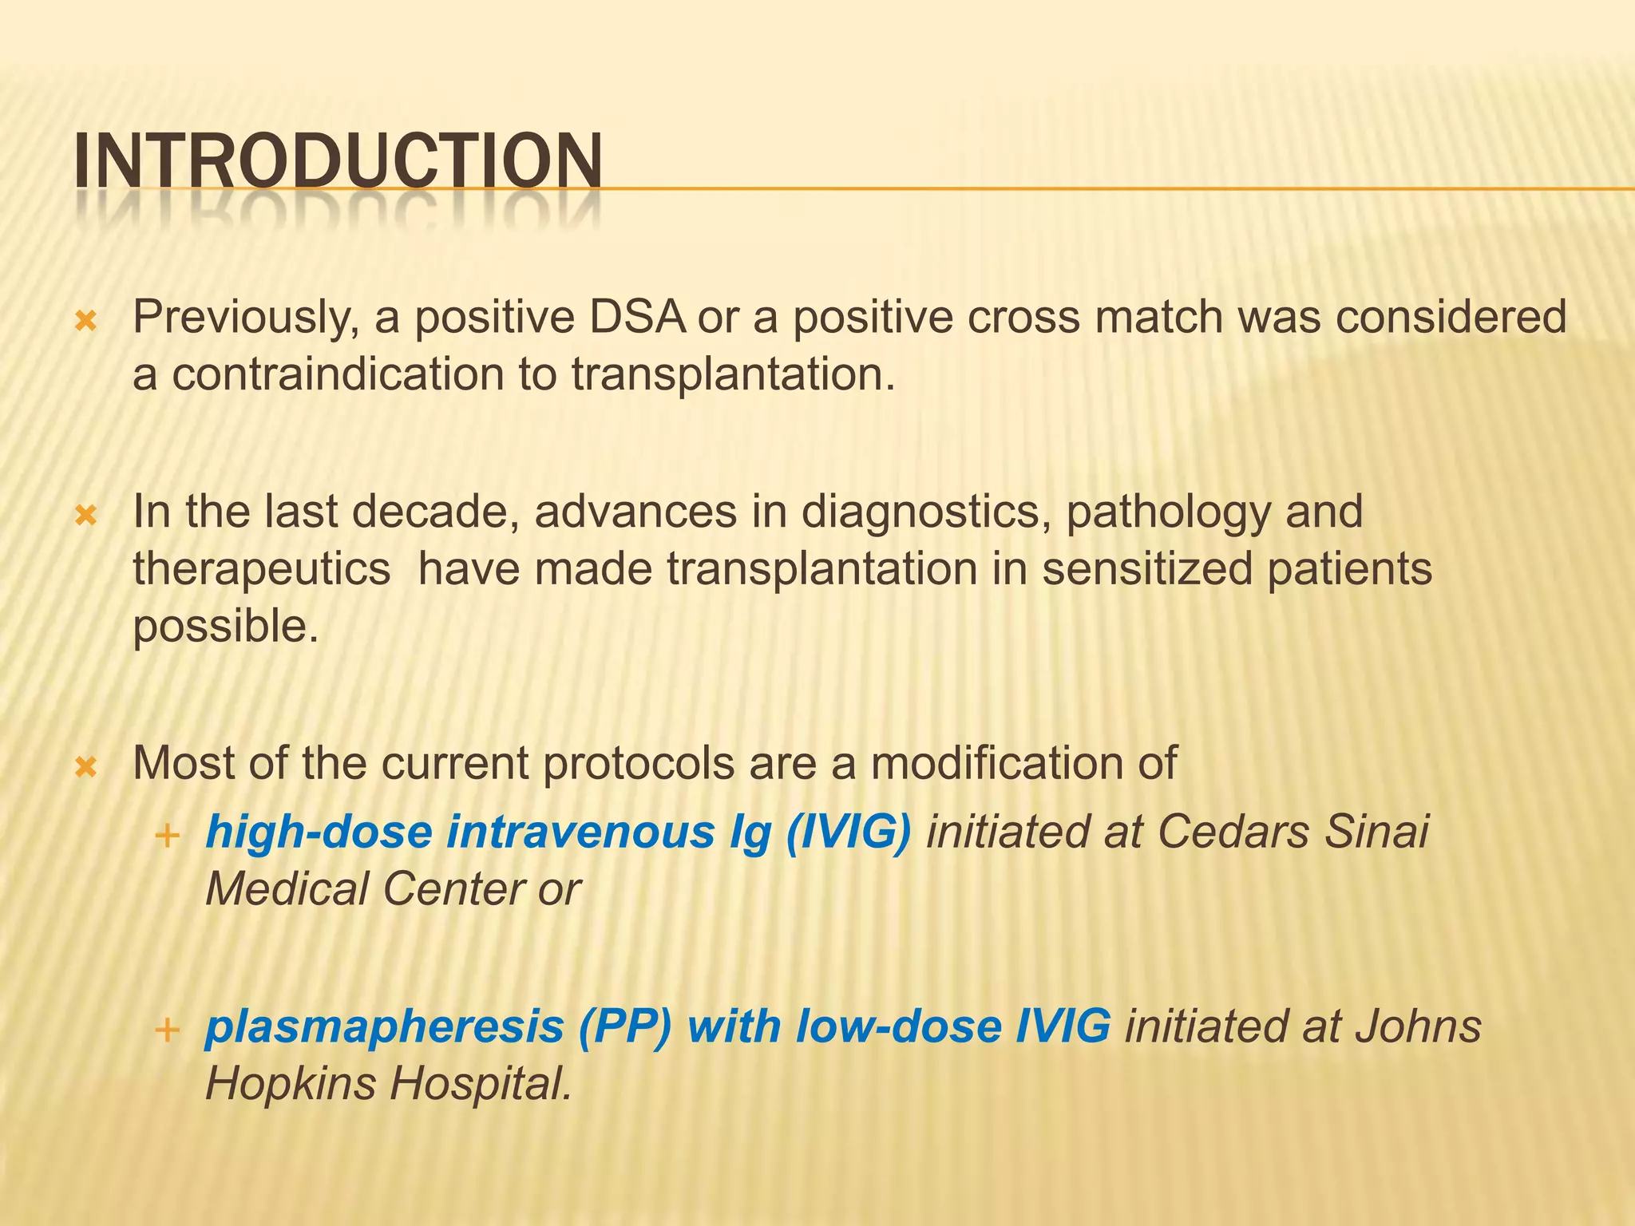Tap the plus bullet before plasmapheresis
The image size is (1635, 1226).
[167, 1030]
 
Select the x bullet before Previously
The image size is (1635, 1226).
[85, 322]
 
